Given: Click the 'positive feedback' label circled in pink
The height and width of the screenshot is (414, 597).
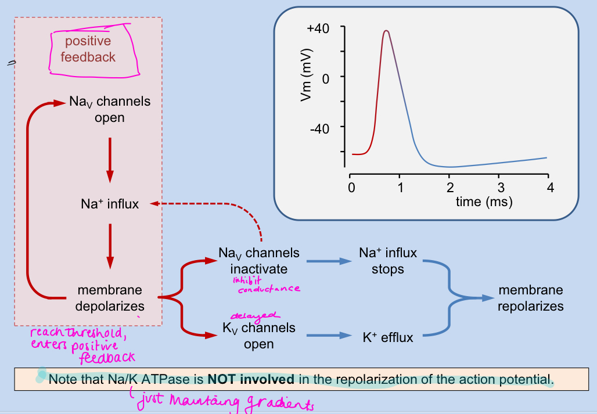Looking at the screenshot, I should [88, 49].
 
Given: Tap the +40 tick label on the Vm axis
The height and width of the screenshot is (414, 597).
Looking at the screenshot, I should [319, 28].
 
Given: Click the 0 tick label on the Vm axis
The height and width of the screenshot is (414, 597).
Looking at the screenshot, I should [325, 78].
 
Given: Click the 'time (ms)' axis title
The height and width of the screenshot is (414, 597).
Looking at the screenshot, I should [484, 201].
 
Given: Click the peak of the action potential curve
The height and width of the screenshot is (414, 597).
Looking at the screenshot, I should [386, 31].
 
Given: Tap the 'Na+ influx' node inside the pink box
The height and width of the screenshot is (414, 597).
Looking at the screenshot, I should [110, 204].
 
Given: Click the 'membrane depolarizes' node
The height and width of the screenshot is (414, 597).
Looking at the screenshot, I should [110, 297].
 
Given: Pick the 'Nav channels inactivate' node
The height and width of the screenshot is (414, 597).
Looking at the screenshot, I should [259, 261].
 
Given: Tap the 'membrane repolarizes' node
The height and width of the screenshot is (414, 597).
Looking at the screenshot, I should [530, 297].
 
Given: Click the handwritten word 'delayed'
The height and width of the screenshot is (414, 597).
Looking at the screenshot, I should [247, 315].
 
